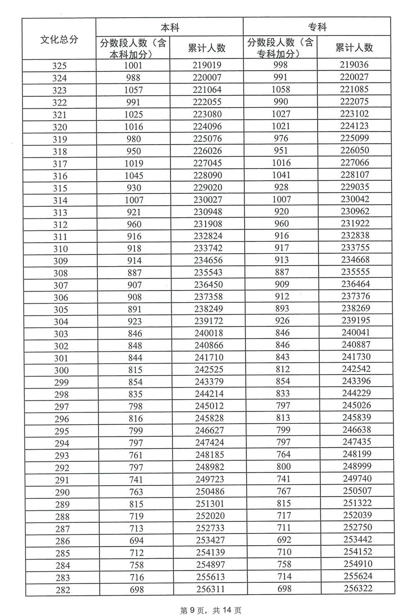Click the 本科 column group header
point(170,28)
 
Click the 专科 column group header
point(317,28)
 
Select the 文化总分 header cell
point(59,40)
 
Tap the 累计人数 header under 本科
point(207,48)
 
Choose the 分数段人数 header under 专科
point(280,48)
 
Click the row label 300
point(61,370)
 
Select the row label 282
point(62,590)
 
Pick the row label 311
point(60,237)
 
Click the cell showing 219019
point(207,65)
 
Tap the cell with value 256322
point(358,588)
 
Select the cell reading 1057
point(134,90)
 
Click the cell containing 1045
point(134,175)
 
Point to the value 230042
point(355,199)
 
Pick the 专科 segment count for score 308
point(282,272)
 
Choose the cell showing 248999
point(357,466)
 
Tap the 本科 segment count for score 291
point(136,479)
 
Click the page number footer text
point(211,610)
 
